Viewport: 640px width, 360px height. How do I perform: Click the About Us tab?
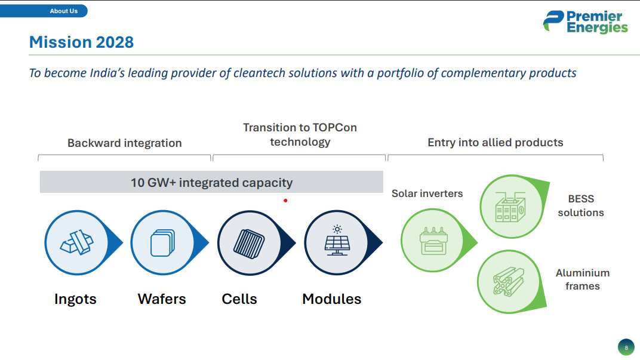(63, 11)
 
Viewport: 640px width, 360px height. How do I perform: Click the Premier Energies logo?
(585, 22)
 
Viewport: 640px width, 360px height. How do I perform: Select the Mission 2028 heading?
(81, 42)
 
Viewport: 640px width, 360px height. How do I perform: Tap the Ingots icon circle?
(76, 242)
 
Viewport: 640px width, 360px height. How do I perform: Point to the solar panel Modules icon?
(337, 242)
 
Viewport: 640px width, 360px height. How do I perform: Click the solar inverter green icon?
(430, 239)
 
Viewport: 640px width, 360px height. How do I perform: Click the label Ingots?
(75, 299)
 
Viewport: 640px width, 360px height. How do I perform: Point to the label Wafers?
(162, 299)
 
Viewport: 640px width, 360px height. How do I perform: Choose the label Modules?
(331, 299)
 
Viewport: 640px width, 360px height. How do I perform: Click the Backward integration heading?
(124, 143)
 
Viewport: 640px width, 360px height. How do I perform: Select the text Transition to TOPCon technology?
(300, 135)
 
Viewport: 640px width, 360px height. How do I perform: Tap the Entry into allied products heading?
(495, 143)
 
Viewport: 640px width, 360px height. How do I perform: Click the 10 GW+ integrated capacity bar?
(211, 182)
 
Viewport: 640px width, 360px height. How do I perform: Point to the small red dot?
(285, 201)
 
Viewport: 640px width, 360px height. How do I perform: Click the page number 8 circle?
(626, 347)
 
